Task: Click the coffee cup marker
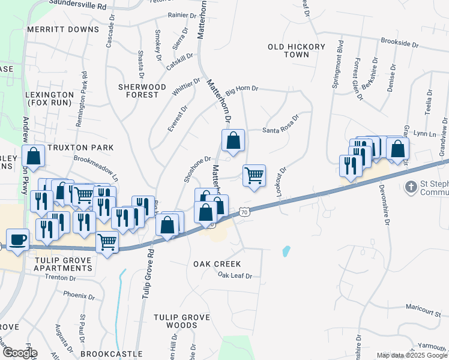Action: (18, 239)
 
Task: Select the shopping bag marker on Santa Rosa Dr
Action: (234, 141)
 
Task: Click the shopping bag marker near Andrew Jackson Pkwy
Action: (34, 156)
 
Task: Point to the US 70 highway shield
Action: (243, 212)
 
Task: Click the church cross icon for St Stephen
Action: (412, 186)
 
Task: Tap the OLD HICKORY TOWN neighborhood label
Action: (297, 50)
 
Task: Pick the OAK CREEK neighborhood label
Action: (217, 264)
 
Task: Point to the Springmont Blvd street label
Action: (337, 65)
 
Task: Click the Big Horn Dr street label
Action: (241, 88)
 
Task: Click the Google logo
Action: (19, 353)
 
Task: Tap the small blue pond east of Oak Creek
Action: (286, 251)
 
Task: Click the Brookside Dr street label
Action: (399, 44)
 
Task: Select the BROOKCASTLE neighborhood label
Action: (111, 355)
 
